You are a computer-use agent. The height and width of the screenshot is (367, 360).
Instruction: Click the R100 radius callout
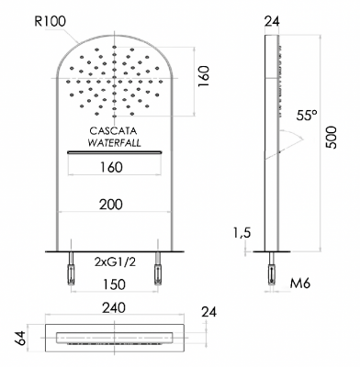(x=51, y=22)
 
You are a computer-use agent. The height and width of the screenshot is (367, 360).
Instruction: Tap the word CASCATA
(x=113, y=131)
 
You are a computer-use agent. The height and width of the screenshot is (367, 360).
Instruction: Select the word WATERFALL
(x=114, y=143)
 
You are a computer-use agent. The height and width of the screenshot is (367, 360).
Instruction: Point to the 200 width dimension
(x=111, y=205)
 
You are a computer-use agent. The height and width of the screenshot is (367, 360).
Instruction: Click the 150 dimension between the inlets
(x=114, y=284)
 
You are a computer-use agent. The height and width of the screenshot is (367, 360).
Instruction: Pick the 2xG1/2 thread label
(x=115, y=262)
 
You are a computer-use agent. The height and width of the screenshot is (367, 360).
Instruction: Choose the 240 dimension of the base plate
(x=114, y=307)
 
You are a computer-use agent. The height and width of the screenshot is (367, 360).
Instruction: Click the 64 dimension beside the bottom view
(x=21, y=338)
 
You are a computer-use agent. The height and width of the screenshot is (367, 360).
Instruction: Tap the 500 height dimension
(x=331, y=138)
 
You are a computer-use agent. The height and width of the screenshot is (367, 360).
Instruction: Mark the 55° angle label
(x=307, y=116)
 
